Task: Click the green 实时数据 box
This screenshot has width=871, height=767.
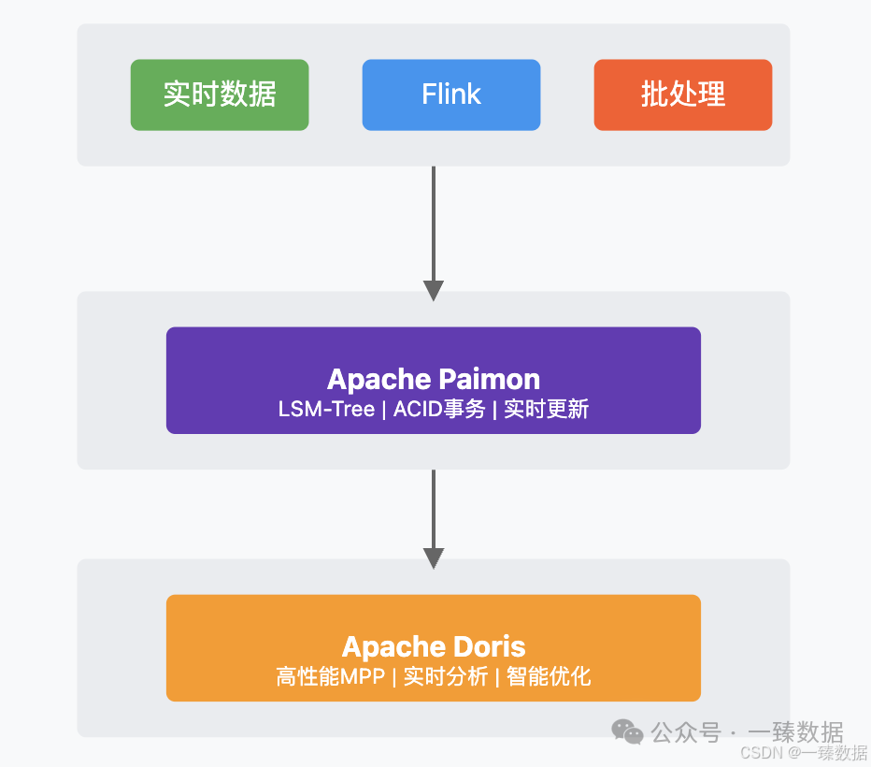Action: click(220, 94)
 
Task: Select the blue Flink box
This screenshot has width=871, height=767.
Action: click(451, 94)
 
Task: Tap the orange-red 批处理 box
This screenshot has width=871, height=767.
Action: click(683, 94)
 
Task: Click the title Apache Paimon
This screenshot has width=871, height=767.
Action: click(434, 379)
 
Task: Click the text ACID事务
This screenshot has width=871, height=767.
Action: click(439, 409)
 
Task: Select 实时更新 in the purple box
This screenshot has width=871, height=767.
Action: click(547, 409)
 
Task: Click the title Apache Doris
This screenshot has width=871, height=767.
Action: click(434, 646)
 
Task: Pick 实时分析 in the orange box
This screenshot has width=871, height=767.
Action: click(446, 676)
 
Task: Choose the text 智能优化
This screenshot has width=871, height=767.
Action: click(549, 676)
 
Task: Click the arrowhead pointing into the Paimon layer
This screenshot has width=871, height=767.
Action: click(434, 290)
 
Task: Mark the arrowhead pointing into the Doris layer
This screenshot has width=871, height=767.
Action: click(434, 557)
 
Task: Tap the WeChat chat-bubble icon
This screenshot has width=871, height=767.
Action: click(628, 731)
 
